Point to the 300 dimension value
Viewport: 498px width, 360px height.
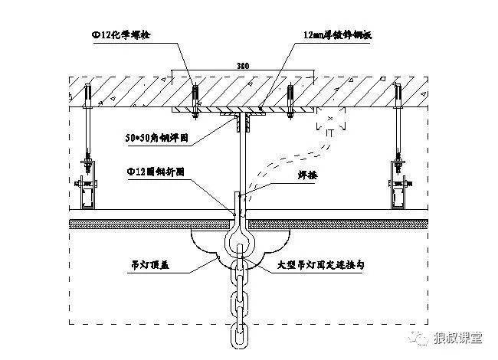[243, 67]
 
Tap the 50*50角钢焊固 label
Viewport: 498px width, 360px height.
[156, 139]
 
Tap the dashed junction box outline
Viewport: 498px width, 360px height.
[330, 123]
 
